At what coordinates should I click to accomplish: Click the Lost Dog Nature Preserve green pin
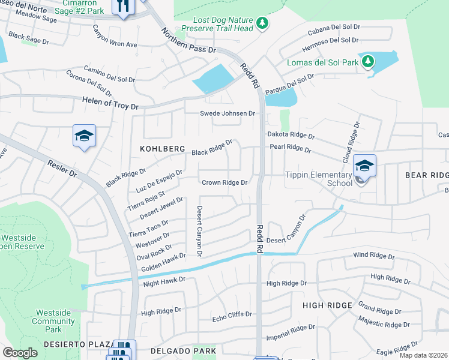[x=262, y=23]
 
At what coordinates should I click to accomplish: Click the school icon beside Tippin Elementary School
[x=364, y=164]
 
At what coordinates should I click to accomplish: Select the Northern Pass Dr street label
[x=188, y=43]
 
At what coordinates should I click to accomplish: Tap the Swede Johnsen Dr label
[x=228, y=113]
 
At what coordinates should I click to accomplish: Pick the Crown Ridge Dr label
[x=224, y=182]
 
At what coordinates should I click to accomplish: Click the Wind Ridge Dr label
[x=373, y=257]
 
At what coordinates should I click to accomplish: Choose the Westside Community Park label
[x=54, y=321]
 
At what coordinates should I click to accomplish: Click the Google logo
[x=20, y=353]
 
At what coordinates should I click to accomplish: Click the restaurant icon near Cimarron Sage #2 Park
[x=124, y=7]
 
